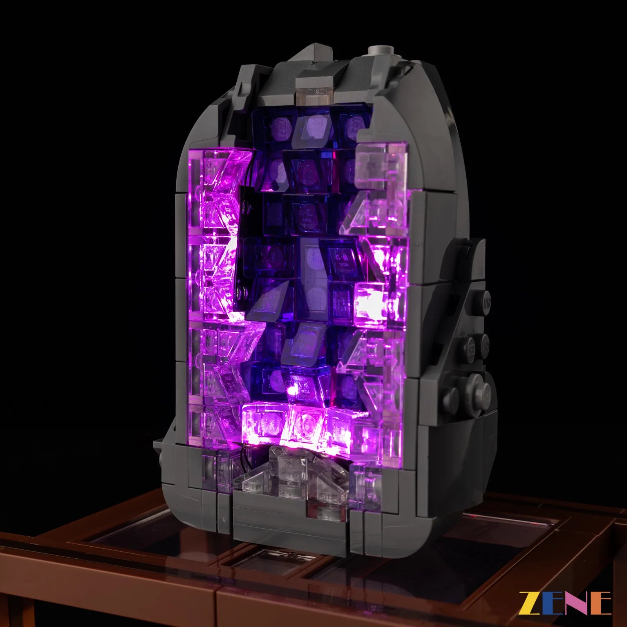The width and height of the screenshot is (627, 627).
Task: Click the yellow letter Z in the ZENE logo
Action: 529,603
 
